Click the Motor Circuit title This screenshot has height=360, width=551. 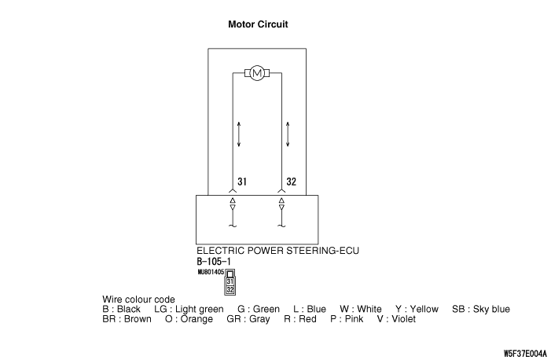[x=258, y=24]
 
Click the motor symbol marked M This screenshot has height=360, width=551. [x=258, y=74]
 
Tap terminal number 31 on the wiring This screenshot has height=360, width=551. [x=242, y=182]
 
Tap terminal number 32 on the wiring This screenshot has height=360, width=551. [x=292, y=182]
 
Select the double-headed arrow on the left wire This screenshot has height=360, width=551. [x=238, y=134]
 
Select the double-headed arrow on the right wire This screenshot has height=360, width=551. [x=288, y=134]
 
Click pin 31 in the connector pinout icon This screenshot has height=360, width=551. [x=230, y=281]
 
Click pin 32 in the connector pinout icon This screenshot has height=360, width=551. [x=230, y=289]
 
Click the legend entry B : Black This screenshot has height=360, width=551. [x=122, y=309]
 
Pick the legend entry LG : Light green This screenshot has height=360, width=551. [x=189, y=309]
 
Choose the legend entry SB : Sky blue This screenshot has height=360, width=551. [x=481, y=309]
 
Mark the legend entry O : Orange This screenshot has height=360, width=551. [x=189, y=319]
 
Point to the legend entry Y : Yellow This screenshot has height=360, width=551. [x=417, y=309]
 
